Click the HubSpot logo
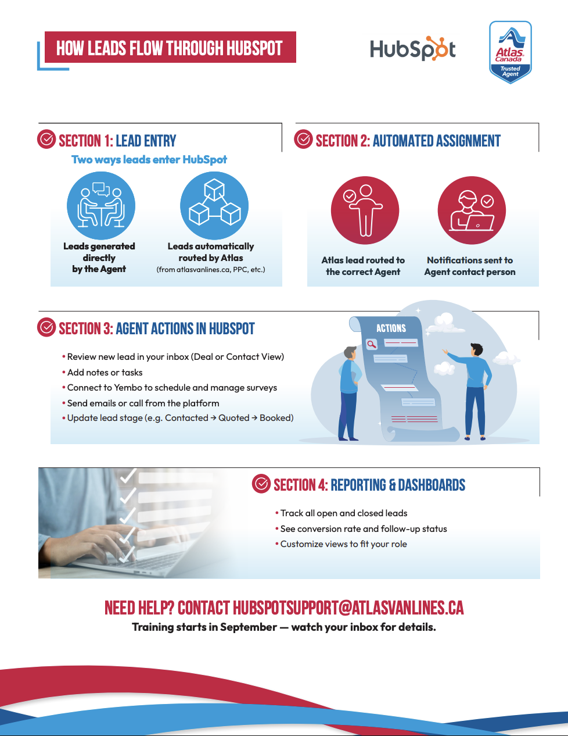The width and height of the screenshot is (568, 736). click(x=412, y=49)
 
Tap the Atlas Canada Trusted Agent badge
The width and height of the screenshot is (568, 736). click(x=510, y=52)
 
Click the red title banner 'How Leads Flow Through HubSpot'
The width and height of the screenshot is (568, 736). click(x=170, y=48)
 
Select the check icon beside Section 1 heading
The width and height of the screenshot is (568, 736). click(x=46, y=140)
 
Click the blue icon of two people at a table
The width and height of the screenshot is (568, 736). click(x=101, y=206)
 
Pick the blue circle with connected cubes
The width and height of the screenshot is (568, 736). click(x=214, y=206)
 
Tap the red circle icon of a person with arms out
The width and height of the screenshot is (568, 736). click(x=365, y=210)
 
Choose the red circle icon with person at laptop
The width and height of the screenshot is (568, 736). click(x=472, y=210)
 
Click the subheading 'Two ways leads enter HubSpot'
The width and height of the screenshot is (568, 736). click(x=149, y=160)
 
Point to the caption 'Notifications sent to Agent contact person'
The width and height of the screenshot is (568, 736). click(x=470, y=266)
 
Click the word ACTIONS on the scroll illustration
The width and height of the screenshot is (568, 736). click(x=391, y=328)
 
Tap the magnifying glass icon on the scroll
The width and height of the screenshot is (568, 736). click(x=372, y=344)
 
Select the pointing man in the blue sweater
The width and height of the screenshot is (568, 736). click(x=475, y=390)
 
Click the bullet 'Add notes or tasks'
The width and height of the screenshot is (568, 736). click(x=105, y=373)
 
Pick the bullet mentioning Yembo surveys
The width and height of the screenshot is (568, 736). click(x=172, y=388)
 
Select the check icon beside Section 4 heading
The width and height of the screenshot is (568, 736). click(x=261, y=484)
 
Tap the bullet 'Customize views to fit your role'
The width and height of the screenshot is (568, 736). click(x=343, y=544)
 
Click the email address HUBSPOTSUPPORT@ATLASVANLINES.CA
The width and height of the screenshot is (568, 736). click(x=348, y=608)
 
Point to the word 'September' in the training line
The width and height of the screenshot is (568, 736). click(x=249, y=627)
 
